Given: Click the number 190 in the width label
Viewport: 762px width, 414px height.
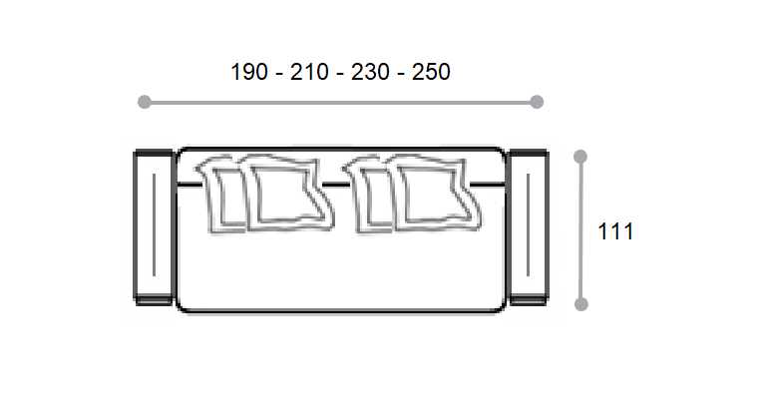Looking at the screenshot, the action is [x=249, y=72].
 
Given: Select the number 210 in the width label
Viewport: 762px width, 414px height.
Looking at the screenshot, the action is [x=309, y=72].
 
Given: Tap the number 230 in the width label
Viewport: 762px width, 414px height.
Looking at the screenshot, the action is [x=370, y=72].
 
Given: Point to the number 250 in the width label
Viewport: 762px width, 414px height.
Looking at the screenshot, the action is [x=431, y=72].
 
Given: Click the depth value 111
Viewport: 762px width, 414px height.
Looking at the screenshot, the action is [x=615, y=231].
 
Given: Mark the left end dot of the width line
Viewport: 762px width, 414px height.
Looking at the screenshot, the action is [x=145, y=102].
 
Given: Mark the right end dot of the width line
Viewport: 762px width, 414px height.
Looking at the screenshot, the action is [x=537, y=102].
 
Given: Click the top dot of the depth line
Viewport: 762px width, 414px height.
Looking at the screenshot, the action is [x=580, y=157].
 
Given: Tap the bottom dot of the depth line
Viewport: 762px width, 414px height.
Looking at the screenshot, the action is [x=581, y=304].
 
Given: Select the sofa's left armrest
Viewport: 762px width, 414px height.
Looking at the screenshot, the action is [x=154, y=227].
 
